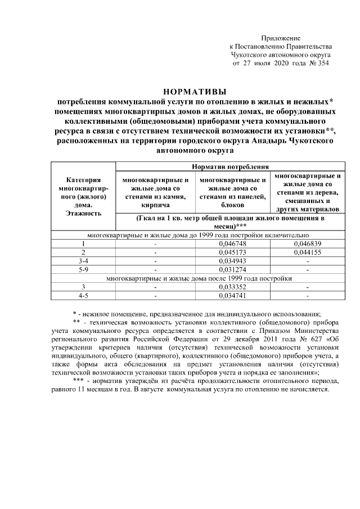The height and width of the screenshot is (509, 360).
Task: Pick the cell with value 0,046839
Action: tap(307, 244)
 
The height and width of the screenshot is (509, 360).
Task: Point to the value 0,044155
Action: tap(307, 253)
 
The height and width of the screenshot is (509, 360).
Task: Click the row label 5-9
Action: tap(83, 269)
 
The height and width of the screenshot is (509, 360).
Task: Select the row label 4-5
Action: tap(83, 295)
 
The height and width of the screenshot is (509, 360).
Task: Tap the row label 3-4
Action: tap(83, 261)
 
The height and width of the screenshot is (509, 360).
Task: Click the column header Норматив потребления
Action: tap(230, 166)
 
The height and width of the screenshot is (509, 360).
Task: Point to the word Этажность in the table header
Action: tap(83, 214)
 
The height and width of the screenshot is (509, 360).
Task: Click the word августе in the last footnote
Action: tap(179, 389)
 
